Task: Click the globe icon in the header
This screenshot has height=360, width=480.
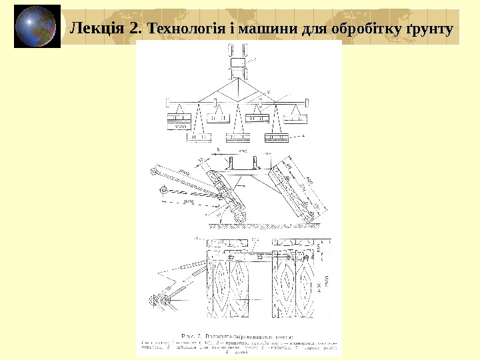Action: coord(37,27)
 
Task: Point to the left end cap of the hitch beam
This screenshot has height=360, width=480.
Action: coord(167,103)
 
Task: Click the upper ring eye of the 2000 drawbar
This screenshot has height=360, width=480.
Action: coord(155,172)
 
